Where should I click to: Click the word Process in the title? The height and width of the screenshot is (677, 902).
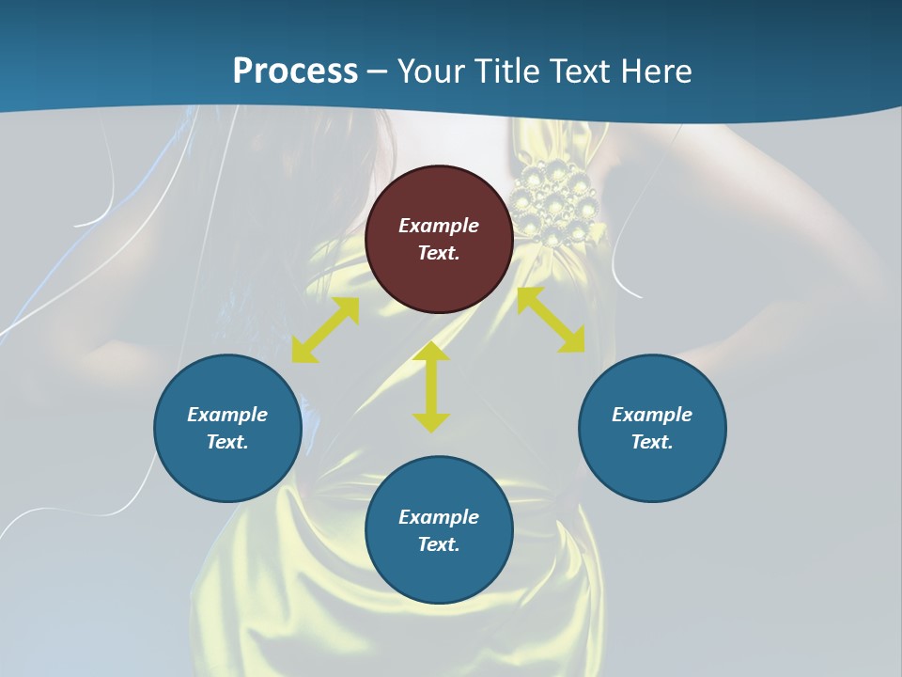295,71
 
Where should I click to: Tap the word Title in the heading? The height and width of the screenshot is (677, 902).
505,71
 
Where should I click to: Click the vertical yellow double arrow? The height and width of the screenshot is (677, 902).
431,387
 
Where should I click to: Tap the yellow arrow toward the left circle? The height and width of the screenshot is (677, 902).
325,330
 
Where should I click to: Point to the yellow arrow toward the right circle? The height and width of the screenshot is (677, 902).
552,320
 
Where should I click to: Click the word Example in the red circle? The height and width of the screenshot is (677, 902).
439,226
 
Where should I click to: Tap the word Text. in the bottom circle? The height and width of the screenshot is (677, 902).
439,544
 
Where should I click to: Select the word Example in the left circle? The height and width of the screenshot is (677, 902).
227,415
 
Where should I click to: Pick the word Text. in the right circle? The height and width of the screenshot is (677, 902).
652,442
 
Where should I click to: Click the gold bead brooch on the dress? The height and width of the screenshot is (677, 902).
556,202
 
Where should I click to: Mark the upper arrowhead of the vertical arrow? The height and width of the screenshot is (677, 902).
431,352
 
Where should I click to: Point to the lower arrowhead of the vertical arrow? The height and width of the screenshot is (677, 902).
431,423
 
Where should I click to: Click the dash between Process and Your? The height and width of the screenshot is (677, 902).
377,71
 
